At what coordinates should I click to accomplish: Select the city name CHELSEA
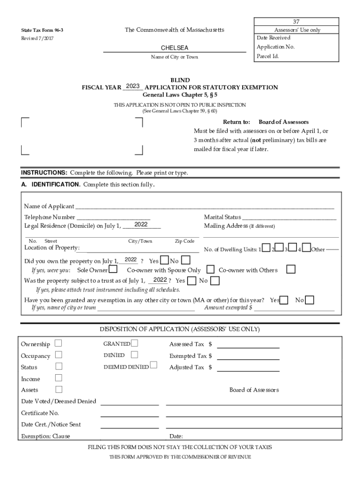click(x=174, y=48)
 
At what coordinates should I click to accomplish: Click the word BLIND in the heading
click(x=180, y=80)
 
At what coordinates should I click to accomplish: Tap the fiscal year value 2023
click(x=133, y=87)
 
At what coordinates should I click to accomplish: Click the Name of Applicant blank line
click(x=205, y=206)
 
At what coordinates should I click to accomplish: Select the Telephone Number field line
click(x=113, y=217)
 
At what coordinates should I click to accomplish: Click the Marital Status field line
click(x=289, y=217)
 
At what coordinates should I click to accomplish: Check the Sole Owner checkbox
click(x=113, y=270)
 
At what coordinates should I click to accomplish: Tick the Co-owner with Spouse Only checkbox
click(x=210, y=269)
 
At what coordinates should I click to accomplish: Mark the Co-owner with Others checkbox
click(x=291, y=269)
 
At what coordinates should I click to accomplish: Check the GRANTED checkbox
click(x=135, y=343)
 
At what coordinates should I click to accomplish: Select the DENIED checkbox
click(x=135, y=355)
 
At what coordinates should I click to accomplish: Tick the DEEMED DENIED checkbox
click(x=153, y=365)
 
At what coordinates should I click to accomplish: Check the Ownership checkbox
click(x=58, y=343)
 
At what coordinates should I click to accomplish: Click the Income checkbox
click(x=58, y=377)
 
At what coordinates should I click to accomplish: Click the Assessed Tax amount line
click(x=248, y=347)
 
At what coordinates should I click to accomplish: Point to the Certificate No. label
click(x=40, y=413)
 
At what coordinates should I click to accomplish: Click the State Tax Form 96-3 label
click(x=42, y=30)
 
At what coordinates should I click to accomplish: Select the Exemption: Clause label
click(x=45, y=436)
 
